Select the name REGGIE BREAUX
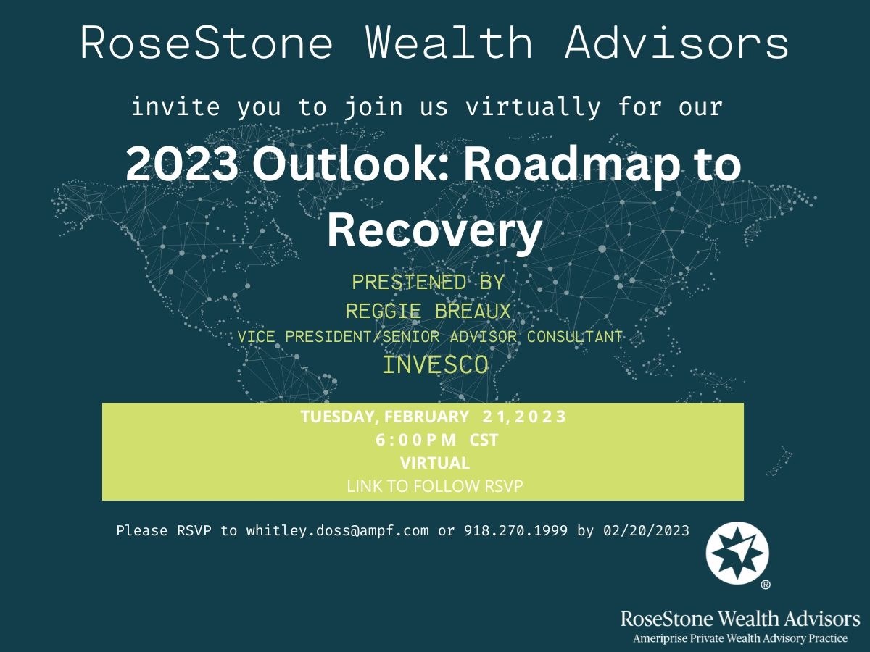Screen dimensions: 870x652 point(428,312)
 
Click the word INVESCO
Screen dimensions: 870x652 point(435,364)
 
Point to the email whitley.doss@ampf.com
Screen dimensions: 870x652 point(337,530)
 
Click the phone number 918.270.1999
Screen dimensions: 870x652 point(515,530)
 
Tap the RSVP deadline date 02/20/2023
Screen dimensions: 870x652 point(647,530)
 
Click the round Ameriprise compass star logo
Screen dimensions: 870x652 point(737,553)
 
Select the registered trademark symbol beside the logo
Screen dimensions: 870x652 point(766,585)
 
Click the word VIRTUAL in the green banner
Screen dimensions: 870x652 point(435,463)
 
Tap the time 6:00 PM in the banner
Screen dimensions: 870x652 point(415,440)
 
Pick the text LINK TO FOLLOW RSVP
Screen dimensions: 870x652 point(435,486)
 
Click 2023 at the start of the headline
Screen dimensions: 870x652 point(181,164)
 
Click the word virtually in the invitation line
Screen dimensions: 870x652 point(533,107)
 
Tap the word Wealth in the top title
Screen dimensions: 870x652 point(449,43)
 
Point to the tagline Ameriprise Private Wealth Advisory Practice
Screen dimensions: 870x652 point(740,638)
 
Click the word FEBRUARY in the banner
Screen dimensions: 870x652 point(426,417)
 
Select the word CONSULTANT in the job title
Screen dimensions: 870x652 point(574,337)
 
